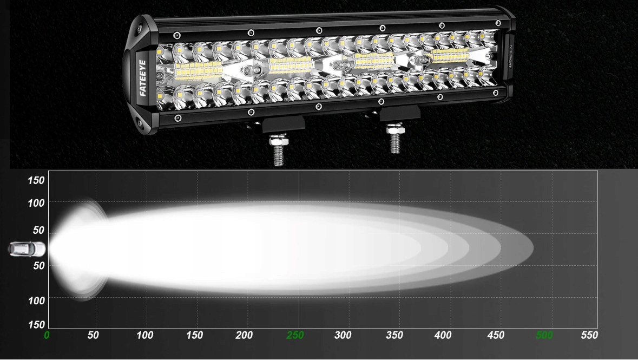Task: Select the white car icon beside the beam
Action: [27, 249]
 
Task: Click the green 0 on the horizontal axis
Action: [47, 335]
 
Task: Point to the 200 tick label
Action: [244, 335]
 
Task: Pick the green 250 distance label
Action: [295, 335]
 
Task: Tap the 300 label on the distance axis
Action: [343, 335]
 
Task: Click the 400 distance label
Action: [443, 335]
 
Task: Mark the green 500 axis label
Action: [544, 335]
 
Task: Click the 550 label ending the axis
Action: [589, 335]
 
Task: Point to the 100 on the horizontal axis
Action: [145, 335]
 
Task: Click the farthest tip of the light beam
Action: [532, 248]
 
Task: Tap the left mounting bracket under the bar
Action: [283, 123]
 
